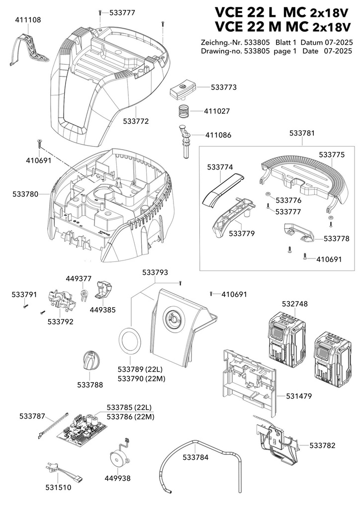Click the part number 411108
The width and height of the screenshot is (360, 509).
[x=28, y=20]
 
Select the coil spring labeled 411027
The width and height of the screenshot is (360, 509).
[x=184, y=112]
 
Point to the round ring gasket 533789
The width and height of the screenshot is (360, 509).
[x=130, y=341]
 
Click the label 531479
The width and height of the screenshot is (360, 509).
[x=299, y=396]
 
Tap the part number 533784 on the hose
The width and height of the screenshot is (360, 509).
[x=195, y=457]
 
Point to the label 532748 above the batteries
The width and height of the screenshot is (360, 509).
[x=295, y=304]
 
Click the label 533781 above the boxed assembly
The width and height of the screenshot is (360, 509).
[x=302, y=133]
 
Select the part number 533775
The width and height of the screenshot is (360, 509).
[x=332, y=155]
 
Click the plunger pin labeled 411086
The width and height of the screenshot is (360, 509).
[x=185, y=141]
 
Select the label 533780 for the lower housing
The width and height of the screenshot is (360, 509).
[x=25, y=194]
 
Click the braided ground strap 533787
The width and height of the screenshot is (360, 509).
[x=53, y=426]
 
